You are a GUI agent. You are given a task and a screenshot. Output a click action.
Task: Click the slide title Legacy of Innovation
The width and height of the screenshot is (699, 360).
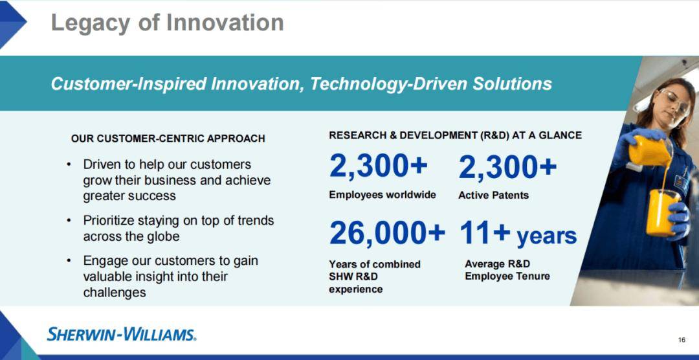pos(167,22)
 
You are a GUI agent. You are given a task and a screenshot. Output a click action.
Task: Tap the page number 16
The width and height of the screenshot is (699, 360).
pos(682,341)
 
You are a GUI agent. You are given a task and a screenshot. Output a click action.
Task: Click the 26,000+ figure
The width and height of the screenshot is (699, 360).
pos(387,233)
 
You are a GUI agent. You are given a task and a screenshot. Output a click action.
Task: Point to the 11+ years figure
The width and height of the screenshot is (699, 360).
pos(518,234)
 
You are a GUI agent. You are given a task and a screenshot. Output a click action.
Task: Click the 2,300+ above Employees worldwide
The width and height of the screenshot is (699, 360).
pos(379,166)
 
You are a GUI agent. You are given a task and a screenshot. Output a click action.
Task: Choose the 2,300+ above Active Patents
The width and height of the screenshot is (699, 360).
pos(507,166)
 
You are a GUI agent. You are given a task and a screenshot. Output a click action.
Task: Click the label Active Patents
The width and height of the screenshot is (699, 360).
pos(493,196)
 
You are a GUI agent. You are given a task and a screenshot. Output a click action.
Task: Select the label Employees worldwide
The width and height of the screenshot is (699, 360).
pos(383,196)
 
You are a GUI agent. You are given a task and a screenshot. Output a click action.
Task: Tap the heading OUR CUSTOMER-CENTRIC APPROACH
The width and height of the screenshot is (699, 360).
pos(168,139)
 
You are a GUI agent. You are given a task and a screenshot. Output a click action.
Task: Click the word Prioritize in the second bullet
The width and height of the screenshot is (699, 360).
pos(109,221)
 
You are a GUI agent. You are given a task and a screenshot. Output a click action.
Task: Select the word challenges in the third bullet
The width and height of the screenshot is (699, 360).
pos(115,293)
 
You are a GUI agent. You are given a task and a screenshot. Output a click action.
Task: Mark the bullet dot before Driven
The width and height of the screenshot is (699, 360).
pos(69,164)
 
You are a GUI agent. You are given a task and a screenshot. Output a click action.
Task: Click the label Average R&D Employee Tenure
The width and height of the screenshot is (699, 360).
pos(507,271)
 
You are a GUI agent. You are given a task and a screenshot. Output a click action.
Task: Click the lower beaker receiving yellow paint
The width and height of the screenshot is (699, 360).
pos(663,213)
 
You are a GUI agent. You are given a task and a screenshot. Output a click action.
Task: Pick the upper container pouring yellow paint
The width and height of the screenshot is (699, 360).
pos(650,152)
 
